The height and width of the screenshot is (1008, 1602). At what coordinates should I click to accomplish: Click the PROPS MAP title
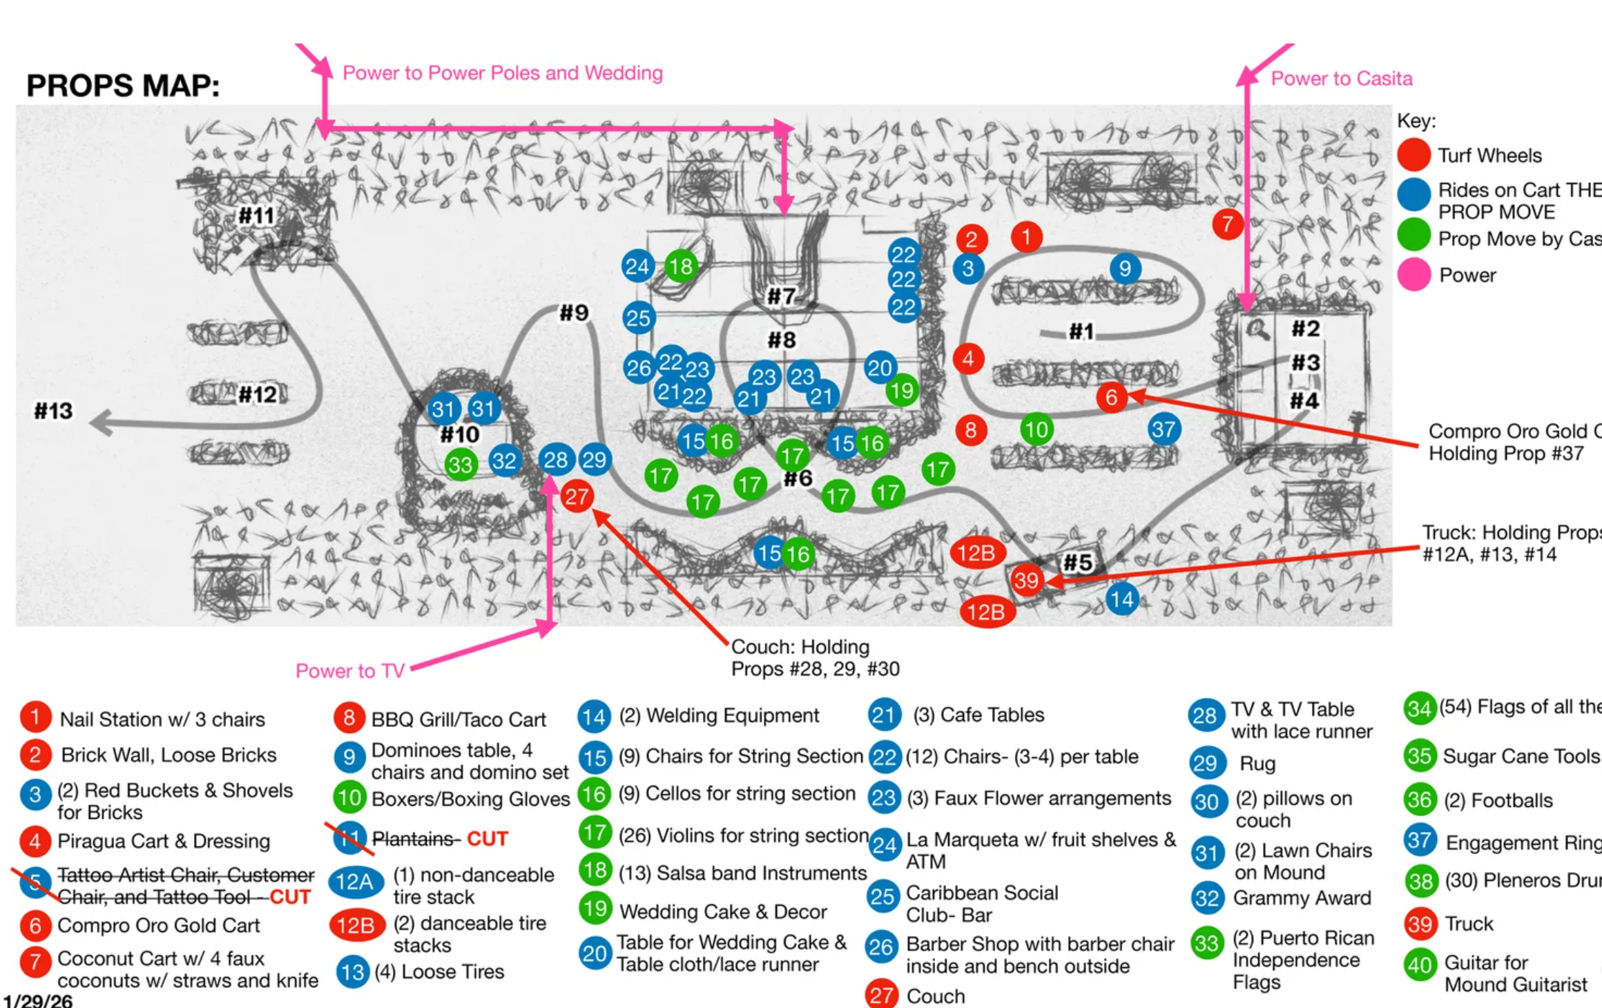click(x=123, y=86)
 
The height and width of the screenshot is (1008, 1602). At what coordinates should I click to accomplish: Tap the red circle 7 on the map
click(x=1227, y=224)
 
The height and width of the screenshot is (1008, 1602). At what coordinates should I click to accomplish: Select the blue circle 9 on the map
click(x=1125, y=269)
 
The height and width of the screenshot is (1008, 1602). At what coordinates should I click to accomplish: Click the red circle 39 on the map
click(x=1026, y=580)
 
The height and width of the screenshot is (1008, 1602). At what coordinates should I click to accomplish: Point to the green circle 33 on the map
click(x=460, y=465)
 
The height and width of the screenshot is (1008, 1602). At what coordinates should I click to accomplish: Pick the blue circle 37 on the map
click(x=1164, y=429)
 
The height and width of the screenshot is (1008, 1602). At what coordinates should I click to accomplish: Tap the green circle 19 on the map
click(x=901, y=391)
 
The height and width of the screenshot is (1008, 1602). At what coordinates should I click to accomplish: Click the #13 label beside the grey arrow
click(x=53, y=411)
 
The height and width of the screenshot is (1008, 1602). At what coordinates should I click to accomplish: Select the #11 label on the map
click(x=257, y=216)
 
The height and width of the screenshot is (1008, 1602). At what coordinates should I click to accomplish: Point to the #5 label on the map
click(x=1077, y=563)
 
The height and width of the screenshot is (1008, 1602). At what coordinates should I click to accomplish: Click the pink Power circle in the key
click(x=1413, y=275)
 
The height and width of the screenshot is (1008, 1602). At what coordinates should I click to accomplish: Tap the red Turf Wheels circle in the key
click(x=1413, y=155)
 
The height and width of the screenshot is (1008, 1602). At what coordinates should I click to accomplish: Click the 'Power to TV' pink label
click(x=349, y=671)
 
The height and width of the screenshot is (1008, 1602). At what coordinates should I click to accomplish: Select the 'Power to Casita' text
click(x=1341, y=79)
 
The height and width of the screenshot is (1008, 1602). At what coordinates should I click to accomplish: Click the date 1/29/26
click(x=37, y=1000)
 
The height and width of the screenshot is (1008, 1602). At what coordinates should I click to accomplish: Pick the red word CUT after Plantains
click(x=487, y=839)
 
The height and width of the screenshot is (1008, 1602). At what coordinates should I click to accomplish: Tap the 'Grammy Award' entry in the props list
click(x=1302, y=898)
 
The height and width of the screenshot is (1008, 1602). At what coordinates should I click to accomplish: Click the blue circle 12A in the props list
click(x=356, y=882)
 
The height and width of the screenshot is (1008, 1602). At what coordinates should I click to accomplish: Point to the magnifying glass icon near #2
click(x=1257, y=330)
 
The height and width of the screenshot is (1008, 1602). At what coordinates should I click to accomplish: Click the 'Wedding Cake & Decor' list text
click(x=723, y=911)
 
